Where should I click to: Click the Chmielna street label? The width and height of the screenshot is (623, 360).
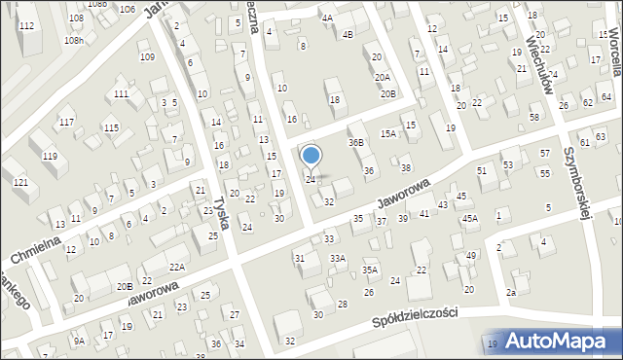coord(37,242)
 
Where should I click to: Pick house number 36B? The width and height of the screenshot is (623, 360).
coord(356,142)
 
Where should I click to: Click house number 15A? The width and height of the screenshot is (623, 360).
coord(388,133)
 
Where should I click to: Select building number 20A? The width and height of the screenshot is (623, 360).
coord(382,77)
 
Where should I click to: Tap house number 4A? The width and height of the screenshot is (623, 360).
coord(327,18)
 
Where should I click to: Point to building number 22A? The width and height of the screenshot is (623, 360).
coord(176,267)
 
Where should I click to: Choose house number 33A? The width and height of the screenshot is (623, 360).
coord(337,258)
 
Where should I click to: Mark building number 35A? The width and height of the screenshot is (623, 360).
coord(370,270)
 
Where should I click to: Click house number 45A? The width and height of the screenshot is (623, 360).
coord(470,219)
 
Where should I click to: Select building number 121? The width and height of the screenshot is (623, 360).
coord(20,183)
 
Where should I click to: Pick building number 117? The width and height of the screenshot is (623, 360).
coord(66,122)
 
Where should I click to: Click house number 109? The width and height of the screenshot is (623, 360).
coord(147,57)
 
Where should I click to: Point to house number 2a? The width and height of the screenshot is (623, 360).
coord(510,292)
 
